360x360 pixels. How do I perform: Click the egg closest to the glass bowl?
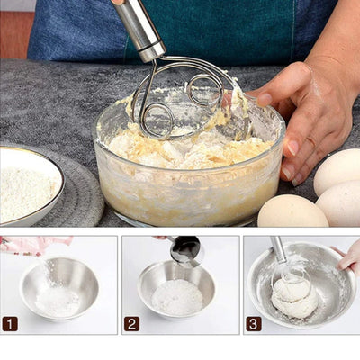click(x=292, y=211)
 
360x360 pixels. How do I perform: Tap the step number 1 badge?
click(x=10, y=323)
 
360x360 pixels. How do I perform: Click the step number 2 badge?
click(x=131, y=323)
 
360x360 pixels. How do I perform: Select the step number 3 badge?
click(x=254, y=323)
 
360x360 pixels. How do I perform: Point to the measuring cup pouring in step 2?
click(x=184, y=250)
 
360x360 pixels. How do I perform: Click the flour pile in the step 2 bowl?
click(x=176, y=296)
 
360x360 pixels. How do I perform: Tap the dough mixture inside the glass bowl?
click(x=180, y=148)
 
